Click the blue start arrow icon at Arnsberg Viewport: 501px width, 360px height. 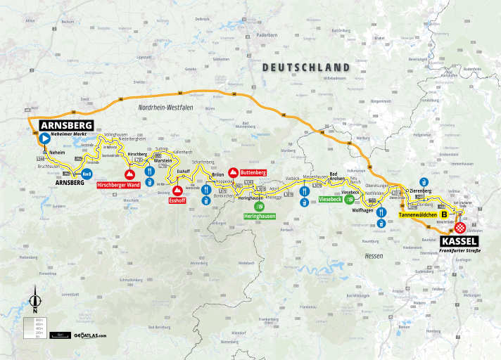click(44, 139)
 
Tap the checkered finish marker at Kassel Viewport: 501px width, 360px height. click(459, 228)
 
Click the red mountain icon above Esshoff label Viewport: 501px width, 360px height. click(177, 191)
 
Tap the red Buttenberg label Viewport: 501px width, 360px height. click(252, 172)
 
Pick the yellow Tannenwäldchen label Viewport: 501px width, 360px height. click(419, 214)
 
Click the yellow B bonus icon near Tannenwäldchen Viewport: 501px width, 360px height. click(444, 215)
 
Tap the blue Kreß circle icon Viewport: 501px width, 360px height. click(87, 174)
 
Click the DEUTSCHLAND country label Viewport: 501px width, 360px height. click(306, 67)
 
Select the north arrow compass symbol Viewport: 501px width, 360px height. click(34, 300)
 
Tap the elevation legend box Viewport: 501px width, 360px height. click(33, 327)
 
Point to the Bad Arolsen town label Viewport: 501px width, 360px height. click(338, 176)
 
